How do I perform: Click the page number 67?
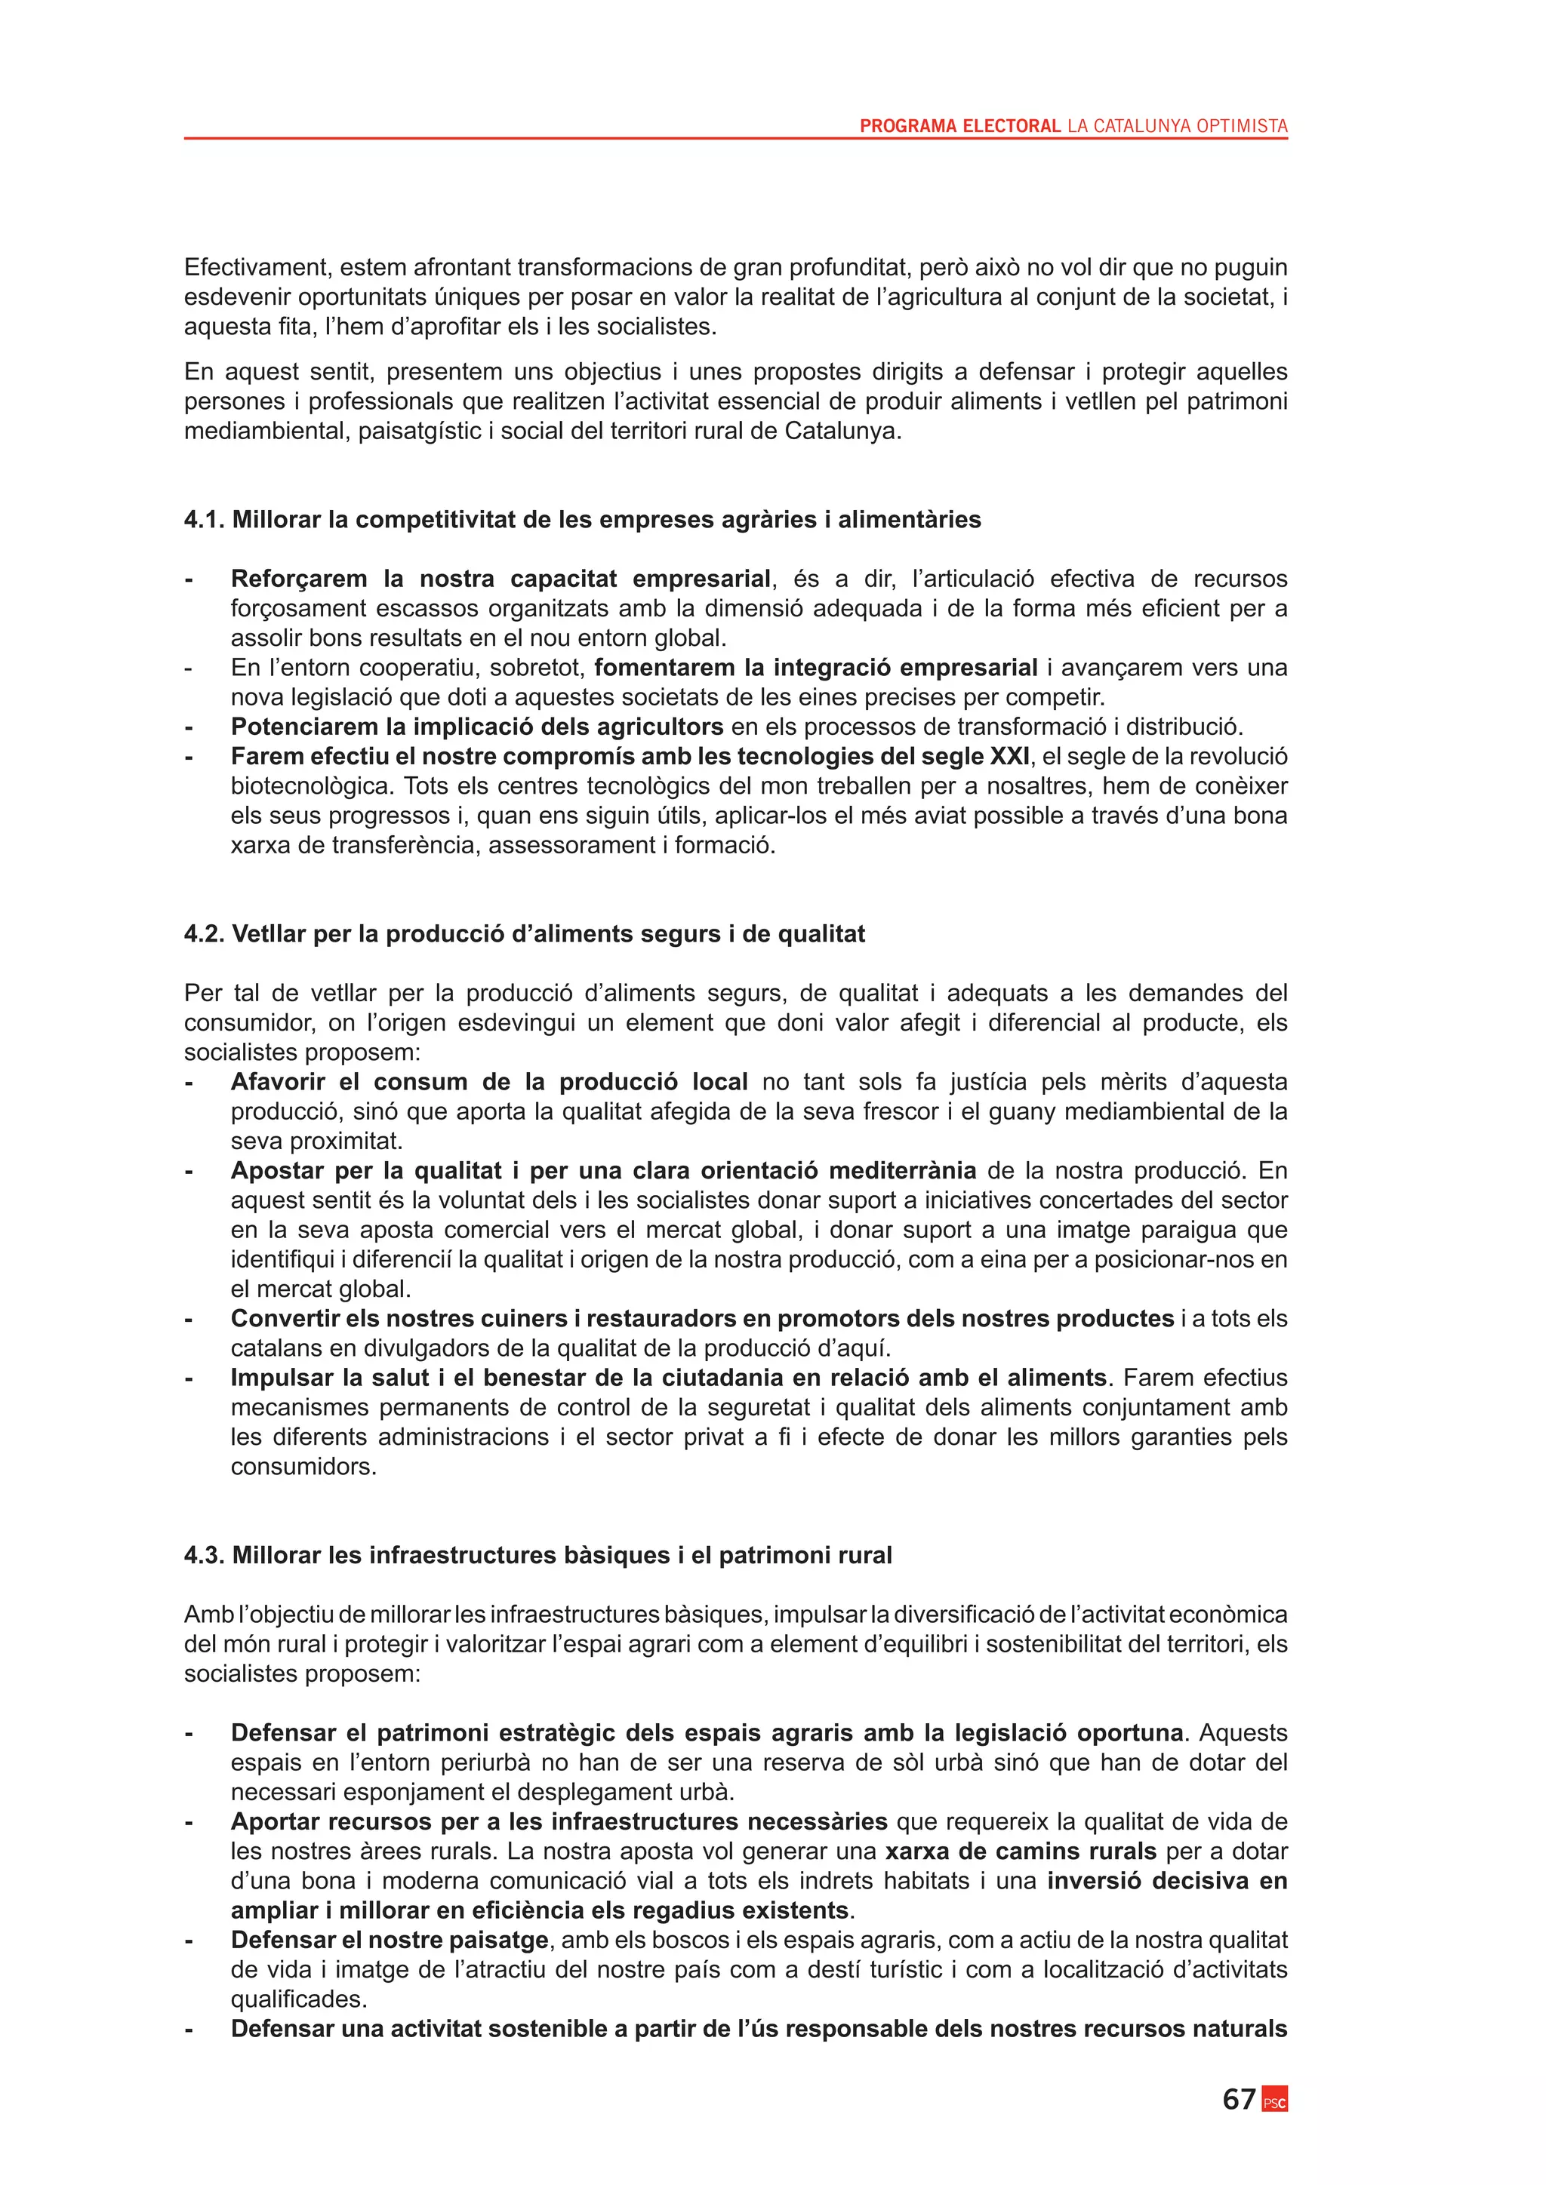point(1239,2098)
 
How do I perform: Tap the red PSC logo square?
point(1275,2101)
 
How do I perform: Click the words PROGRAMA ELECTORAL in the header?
point(959,125)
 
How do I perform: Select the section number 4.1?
point(205,520)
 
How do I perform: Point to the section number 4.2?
point(205,933)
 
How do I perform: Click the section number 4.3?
point(205,1555)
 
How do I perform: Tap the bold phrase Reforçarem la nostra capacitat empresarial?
point(500,579)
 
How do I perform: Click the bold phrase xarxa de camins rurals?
point(1021,1851)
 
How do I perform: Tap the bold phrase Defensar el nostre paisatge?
point(390,1940)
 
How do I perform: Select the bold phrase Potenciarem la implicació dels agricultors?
point(477,727)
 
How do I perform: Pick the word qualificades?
point(299,1999)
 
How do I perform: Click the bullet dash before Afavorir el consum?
point(189,1082)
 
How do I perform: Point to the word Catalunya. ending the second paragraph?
point(842,431)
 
